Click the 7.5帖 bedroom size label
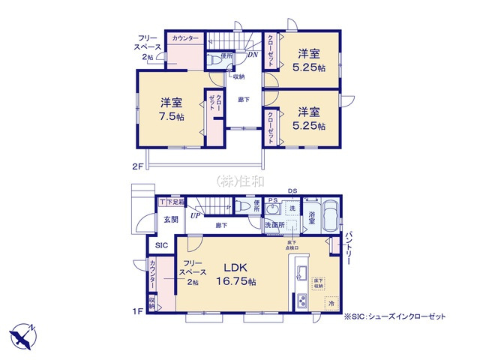pos(171,110)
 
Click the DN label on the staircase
pos(253,54)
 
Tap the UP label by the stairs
pos(195,215)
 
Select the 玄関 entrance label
pos(171,220)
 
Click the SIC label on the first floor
pos(162,245)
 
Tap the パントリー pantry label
pos(349,247)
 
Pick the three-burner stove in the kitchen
pos(301,302)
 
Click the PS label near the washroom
pos(272,200)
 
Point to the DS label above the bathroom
pos(292,190)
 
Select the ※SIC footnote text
pos(394,317)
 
